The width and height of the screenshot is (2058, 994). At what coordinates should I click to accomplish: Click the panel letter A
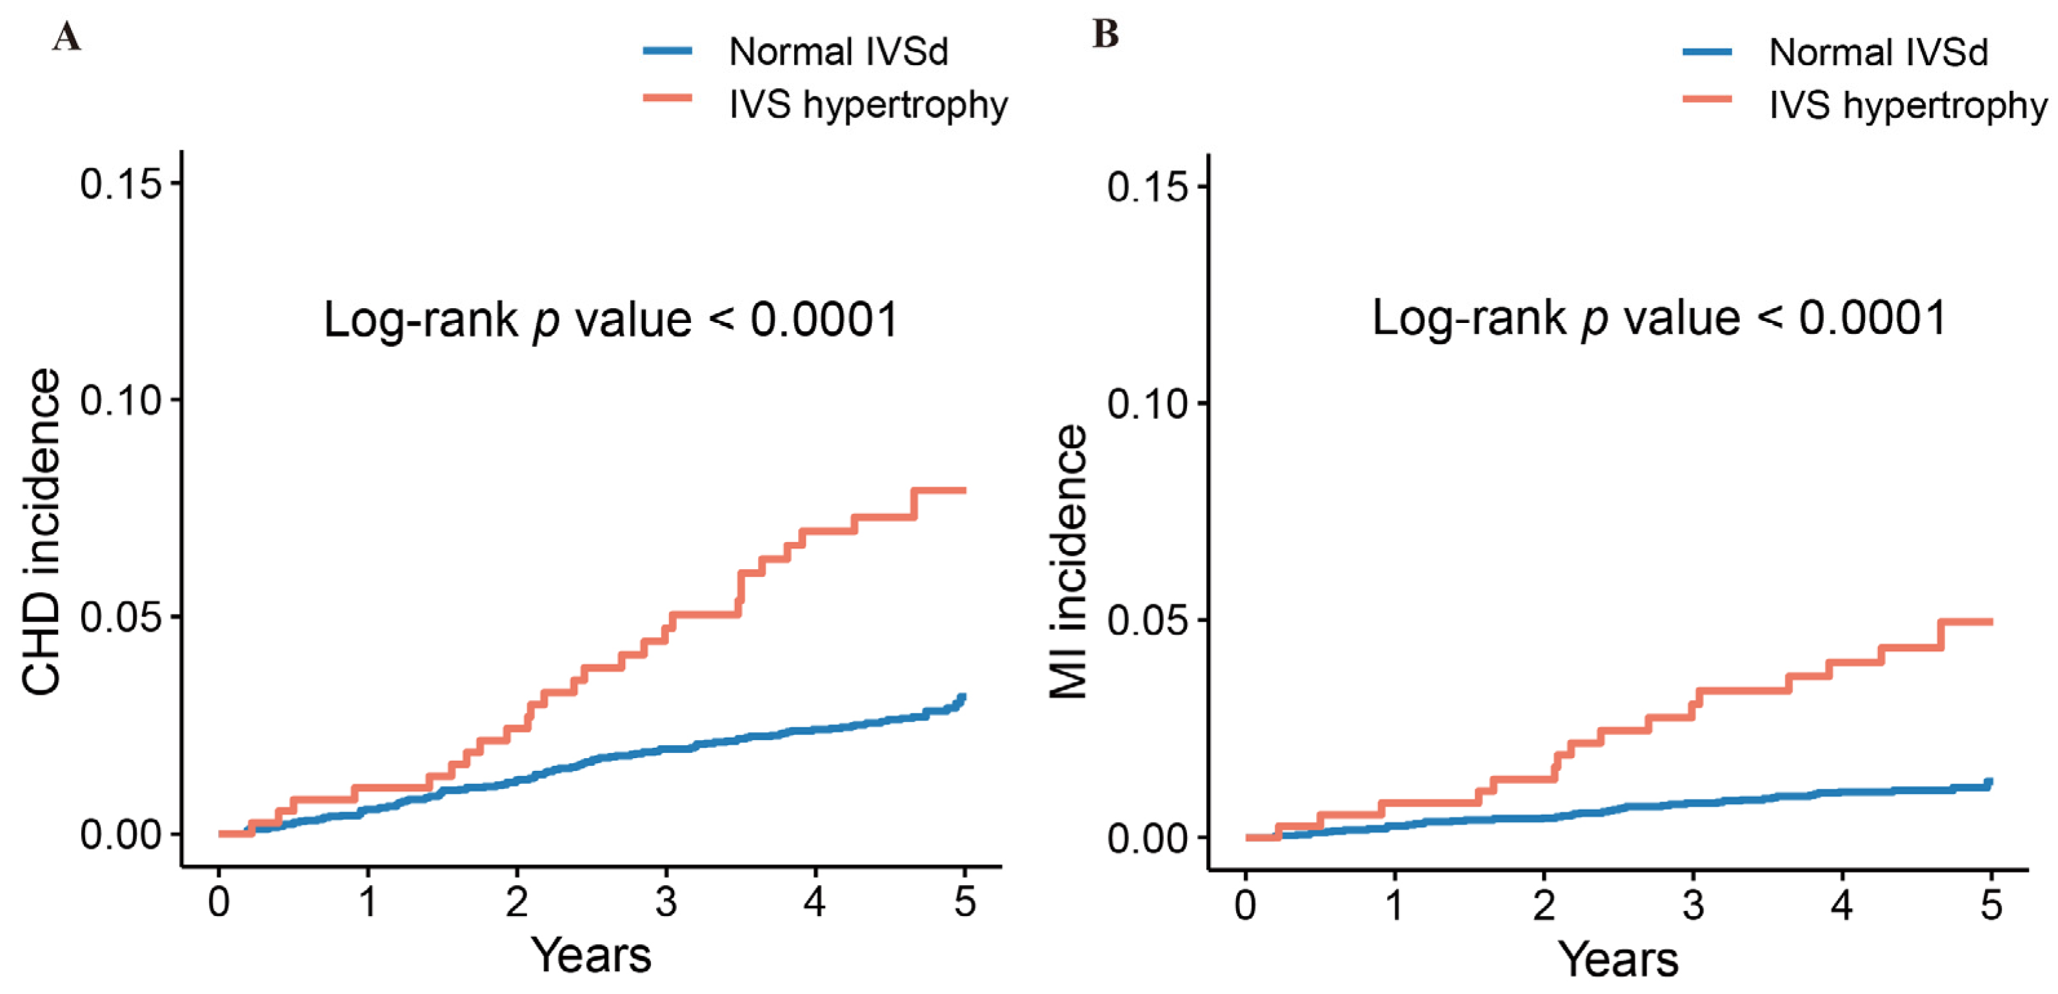tap(67, 37)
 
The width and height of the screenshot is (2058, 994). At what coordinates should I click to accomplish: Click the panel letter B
tap(1106, 34)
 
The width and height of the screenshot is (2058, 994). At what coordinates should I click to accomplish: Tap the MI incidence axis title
tap(1069, 561)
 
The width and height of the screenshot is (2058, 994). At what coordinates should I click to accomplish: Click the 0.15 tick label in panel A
tap(120, 184)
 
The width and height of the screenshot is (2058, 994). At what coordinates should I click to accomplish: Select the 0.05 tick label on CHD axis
tap(120, 617)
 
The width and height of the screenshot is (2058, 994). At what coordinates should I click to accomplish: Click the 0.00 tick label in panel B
tap(1147, 838)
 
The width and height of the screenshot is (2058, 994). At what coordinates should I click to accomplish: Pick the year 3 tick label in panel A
tap(666, 902)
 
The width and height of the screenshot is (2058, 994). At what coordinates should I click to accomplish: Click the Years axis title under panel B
tap(1619, 958)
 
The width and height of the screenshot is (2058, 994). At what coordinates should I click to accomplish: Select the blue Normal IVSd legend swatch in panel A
tap(668, 51)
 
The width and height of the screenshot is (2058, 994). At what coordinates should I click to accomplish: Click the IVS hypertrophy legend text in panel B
tap(1908, 104)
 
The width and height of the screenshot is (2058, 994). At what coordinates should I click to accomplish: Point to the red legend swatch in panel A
tap(668, 97)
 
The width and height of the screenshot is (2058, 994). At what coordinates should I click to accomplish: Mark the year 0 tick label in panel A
tap(219, 902)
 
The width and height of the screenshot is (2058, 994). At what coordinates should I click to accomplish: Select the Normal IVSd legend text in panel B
tap(1878, 53)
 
